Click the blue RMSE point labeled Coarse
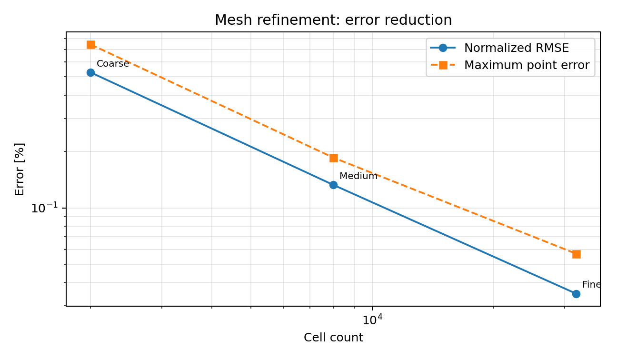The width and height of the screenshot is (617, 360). (90, 73)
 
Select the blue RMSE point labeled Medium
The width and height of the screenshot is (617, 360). (334, 185)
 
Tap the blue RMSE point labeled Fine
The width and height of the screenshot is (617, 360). (576, 294)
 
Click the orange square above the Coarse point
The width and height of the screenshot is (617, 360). (91, 45)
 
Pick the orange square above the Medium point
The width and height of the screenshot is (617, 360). (334, 158)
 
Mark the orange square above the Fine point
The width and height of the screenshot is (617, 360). (577, 254)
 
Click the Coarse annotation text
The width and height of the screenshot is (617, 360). (113, 64)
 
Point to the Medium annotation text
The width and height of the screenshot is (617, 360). (358, 176)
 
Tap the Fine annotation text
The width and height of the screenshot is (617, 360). (591, 285)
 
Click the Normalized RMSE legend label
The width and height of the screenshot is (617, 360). (517, 48)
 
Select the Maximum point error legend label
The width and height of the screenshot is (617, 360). (527, 65)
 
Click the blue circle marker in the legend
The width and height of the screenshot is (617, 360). (443, 48)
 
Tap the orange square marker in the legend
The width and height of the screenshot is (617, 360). (443, 65)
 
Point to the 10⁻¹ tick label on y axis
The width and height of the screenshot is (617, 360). (45, 208)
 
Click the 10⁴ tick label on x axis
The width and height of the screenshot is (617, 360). (372, 320)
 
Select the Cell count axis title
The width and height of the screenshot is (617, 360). (334, 338)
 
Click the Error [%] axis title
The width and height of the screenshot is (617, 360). (20, 169)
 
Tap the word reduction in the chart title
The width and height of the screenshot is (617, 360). (421, 20)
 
